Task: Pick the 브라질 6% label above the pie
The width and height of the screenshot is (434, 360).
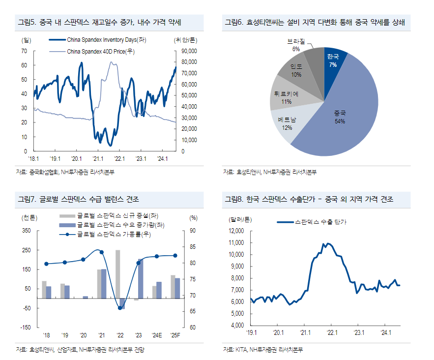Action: (x=296, y=46)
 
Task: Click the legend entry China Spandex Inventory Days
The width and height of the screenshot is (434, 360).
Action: (x=106, y=40)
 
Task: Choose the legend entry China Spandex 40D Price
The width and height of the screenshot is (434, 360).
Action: (x=101, y=51)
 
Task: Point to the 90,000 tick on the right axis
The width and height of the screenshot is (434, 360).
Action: (x=189, y=51)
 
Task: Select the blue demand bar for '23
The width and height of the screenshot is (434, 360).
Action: (x=141, y=278)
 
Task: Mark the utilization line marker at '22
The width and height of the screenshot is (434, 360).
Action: (x=120, y=308)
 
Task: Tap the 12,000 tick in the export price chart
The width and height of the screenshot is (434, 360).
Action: (x=236, y=231)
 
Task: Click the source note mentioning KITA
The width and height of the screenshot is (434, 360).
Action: (x=262, y=350)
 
